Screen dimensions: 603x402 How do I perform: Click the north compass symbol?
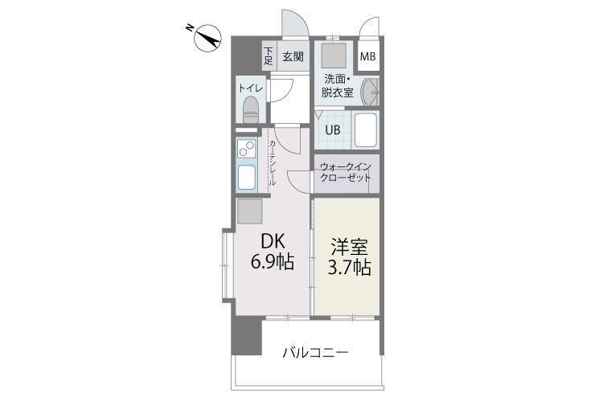tap(207, 37)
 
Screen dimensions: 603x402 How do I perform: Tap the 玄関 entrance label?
tap(293, 56)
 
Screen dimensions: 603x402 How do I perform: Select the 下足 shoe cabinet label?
tap(269, 56)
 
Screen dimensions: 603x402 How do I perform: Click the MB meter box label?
tap(367, 56)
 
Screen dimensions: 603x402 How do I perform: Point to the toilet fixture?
tap(251, 109)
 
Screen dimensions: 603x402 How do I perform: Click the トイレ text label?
tap(251, 88)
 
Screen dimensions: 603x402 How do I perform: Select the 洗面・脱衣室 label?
tap(337, 86)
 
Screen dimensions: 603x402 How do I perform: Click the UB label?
tap(333, 130)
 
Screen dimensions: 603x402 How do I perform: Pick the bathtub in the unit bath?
tap(366, 129)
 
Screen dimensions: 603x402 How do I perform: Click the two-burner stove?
tap(247, 148)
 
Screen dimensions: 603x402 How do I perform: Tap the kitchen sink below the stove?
tap(247, 177)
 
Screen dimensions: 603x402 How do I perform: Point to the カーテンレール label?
tap(273, 162)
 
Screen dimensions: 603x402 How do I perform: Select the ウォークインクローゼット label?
tap(346, 172)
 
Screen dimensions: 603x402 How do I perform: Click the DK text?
tap(273, 241)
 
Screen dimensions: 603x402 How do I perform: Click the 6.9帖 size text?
tap(273, 262)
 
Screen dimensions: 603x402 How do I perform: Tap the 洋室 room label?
tap(350, 247)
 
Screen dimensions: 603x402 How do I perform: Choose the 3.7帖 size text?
tap(350, 268)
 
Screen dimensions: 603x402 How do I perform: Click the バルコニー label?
tap(315, 352)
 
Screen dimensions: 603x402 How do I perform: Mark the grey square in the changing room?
tap(334, 55)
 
